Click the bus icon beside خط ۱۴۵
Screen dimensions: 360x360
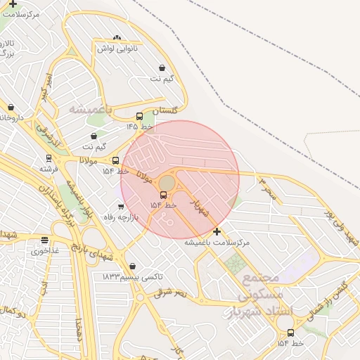click(139, 117)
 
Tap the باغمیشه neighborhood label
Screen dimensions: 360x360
click(91, 110)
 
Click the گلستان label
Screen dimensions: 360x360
click(165, 110)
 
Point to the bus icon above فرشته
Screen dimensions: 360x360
click(49, 158)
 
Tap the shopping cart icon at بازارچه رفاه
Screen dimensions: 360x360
click(121, 207)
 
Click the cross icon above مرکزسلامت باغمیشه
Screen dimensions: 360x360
click(217, 231)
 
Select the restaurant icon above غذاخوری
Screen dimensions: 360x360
click(45, 240)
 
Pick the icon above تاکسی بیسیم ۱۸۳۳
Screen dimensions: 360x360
click(133, 266)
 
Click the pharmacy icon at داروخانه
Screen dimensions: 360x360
click(11, 108)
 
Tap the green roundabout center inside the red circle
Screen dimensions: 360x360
click(167, 182)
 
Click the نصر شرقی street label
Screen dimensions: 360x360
click(172, 292)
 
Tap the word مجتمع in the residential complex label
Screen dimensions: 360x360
click(261, 277)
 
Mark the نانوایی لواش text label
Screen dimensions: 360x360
click(117, 49)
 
